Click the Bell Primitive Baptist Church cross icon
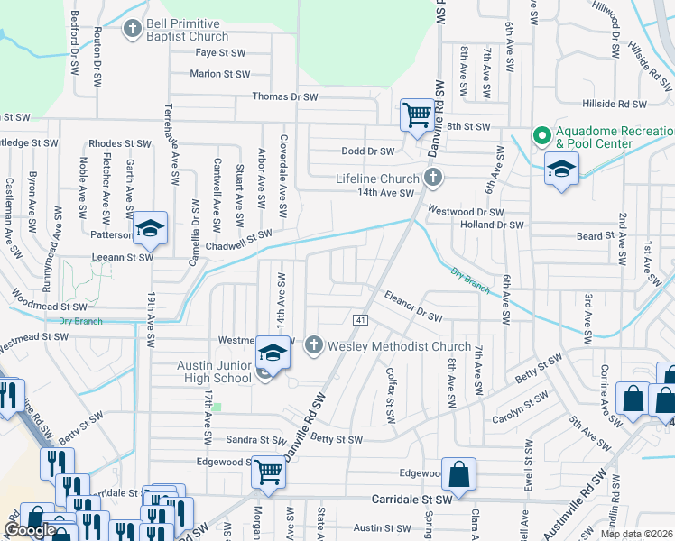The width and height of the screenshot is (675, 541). coord(133,30)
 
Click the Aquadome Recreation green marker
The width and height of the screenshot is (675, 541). coord(541,136)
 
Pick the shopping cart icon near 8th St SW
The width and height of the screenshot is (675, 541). coord(417,115)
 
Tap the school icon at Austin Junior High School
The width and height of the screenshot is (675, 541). coord(273,352)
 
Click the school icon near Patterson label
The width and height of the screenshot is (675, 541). coord(151,228)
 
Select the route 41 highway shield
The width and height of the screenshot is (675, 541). coord(359,320)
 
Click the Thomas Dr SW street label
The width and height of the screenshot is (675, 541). coord(285,96)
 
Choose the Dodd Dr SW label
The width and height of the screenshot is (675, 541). coord(368,151)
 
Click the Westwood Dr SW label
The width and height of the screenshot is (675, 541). coord(466,211)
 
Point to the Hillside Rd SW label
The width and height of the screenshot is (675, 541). coord(640,105)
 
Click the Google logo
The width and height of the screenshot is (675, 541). coord(30,530)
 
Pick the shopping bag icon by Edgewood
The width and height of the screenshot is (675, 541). coord(458,474)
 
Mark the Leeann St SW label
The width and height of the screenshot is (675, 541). coord(121,256)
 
